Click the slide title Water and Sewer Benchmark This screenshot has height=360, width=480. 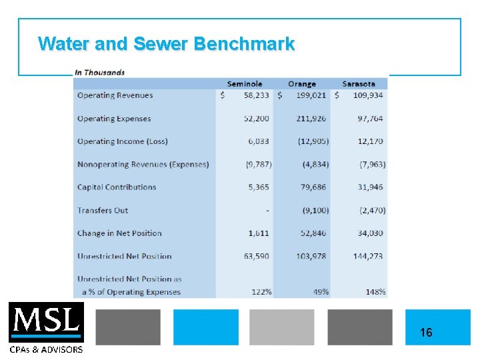tap(166, 44)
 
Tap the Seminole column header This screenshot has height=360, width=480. tap(245, 84)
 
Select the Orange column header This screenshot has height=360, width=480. tap(301, 84)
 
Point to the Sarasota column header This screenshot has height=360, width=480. tap(359, 84)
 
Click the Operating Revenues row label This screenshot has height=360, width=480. tap(115, 95)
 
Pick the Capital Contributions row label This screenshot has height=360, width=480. tap(116, 187)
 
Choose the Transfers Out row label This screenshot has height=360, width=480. tap(102, 211)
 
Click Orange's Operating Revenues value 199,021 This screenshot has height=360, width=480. tap(311, 95)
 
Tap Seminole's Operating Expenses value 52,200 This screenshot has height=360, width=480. tap(257, 119)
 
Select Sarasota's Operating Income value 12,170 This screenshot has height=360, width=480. tap(370, 141)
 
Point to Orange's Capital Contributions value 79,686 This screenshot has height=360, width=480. tap(313, 187)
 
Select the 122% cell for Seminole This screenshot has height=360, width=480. tap(259, 292)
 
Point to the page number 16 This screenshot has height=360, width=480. tap(426, 332)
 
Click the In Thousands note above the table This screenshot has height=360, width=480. tap(99, 72)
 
